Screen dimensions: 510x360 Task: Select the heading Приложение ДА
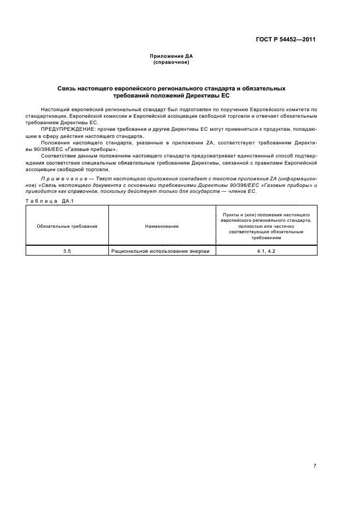point(171,56)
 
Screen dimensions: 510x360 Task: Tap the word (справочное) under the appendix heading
point(171,62)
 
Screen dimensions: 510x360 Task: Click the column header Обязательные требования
point(67,226)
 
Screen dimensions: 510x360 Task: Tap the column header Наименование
point(162,226)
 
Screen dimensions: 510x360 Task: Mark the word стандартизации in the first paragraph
point(46,116)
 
